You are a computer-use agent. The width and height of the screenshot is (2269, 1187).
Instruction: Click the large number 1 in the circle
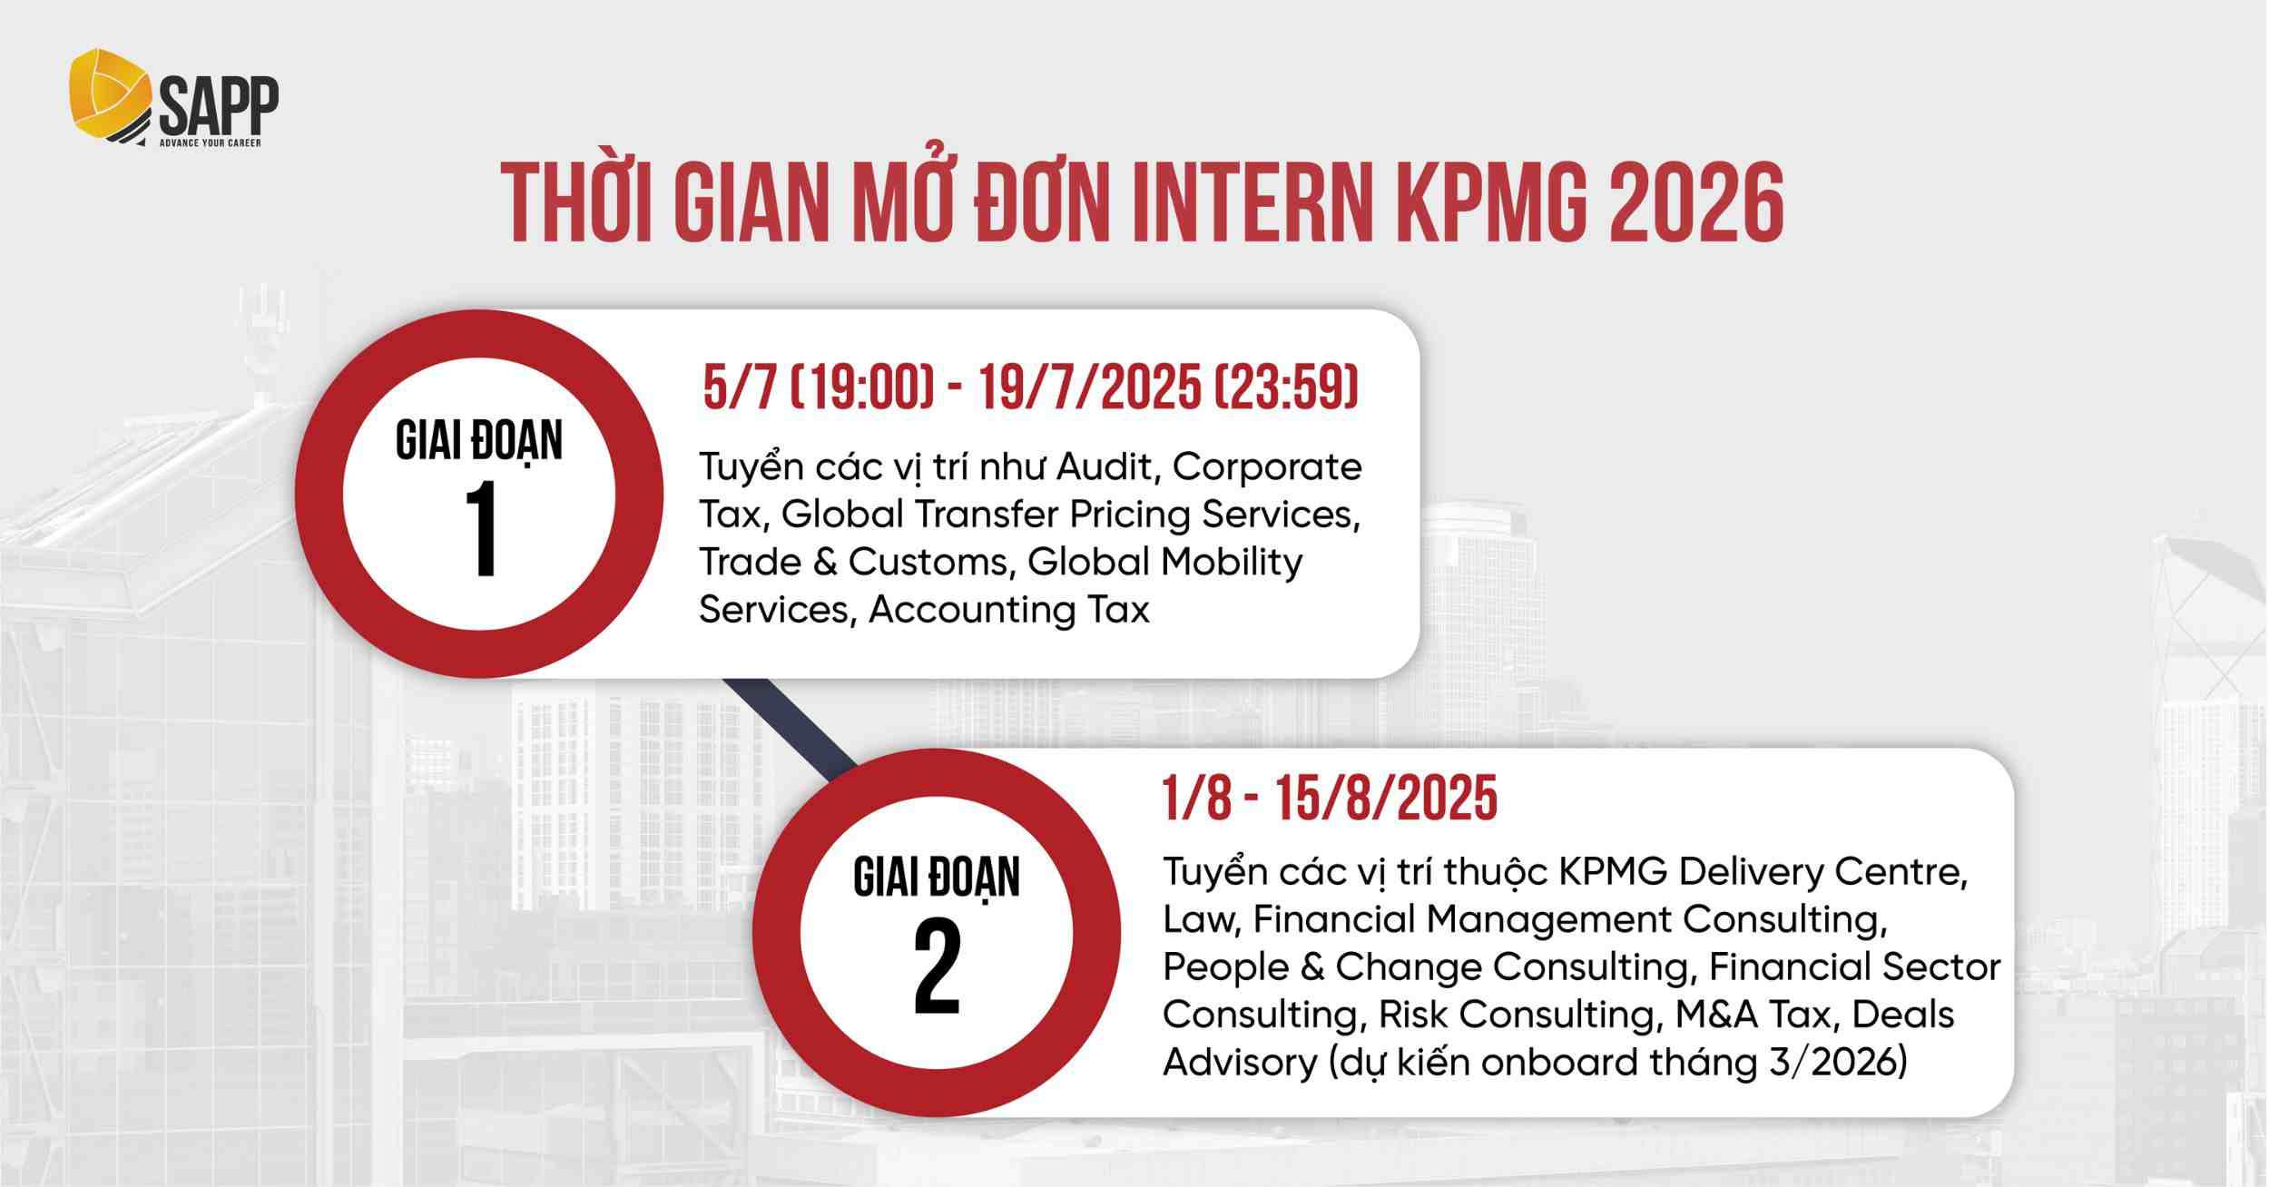pos(480,530)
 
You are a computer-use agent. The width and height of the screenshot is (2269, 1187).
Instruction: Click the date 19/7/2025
pos(1090,387)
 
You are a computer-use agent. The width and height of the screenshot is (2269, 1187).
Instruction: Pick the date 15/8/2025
pos(1386,799)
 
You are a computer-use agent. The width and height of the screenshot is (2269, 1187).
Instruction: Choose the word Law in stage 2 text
pos(1200,919)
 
